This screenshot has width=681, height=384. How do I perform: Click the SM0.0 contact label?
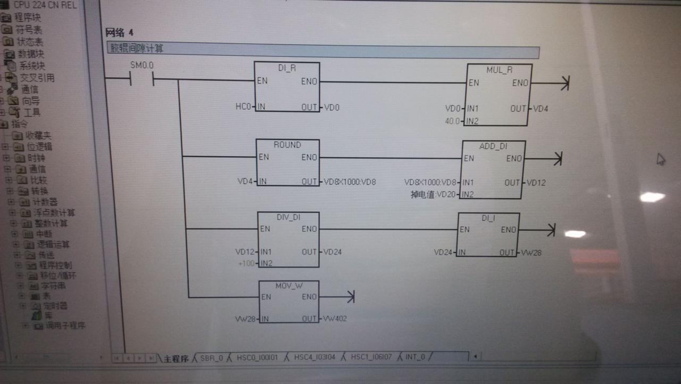142,65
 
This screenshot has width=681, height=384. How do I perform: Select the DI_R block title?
287,69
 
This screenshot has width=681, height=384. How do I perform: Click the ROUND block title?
287,145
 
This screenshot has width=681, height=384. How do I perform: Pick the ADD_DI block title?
493,146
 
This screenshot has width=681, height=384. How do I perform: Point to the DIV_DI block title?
288,217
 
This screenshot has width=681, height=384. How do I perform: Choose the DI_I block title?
488,218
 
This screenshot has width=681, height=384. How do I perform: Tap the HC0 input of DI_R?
243,107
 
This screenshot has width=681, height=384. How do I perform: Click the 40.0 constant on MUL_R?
452,121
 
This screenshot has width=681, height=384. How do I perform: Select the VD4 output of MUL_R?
541,109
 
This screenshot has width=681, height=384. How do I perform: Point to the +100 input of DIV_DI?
246,264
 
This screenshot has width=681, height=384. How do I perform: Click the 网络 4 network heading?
120,33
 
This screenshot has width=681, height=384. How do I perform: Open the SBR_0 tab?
211,357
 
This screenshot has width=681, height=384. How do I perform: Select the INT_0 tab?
415,356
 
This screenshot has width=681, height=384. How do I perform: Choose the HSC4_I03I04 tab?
315,357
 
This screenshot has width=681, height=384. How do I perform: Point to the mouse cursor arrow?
660,159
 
